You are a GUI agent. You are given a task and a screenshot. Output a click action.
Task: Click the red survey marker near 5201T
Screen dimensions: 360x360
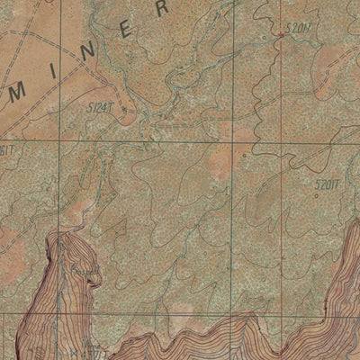pos(281,35)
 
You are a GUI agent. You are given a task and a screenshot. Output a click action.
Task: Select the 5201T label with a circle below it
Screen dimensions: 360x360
pos(328,185)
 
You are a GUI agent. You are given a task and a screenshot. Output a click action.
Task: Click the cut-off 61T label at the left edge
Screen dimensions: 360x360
pos(6,150)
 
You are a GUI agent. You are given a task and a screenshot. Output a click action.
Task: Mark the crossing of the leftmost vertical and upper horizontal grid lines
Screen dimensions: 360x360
pos(60,141)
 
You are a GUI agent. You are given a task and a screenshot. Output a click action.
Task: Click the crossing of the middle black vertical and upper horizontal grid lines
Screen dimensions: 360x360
pos(238,141)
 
